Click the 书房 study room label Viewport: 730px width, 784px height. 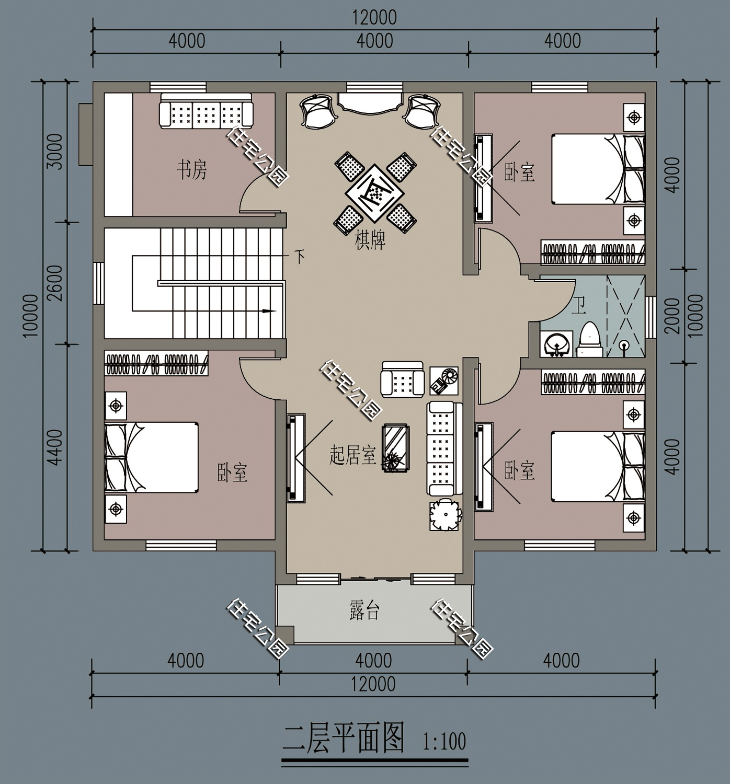[x=191, y=170]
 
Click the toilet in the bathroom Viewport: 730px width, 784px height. [x=589, y=340]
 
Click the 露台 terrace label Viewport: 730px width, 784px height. [x=364, y=610]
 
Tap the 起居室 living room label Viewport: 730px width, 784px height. [x=353, y=455]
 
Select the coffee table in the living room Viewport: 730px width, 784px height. [x=395, y=447]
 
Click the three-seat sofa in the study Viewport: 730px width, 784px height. [x=206, y=111]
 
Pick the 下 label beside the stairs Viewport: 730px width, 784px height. [x=300, y=257]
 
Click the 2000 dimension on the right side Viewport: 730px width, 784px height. [x=673, y=316]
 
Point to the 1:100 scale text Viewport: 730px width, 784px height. [x=444, y=741]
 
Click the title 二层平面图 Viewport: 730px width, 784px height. [x=344, y=737]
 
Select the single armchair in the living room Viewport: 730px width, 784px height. [x=402, y=379]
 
